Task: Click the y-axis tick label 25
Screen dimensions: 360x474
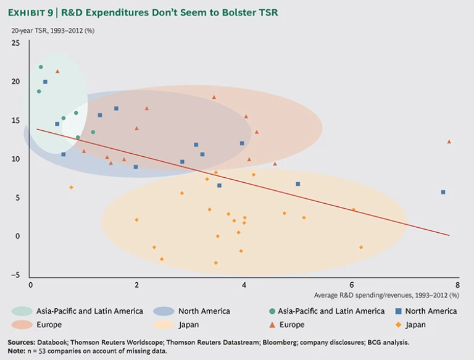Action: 15,43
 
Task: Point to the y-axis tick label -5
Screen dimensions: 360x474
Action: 15,275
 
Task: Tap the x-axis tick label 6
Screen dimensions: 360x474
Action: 351,285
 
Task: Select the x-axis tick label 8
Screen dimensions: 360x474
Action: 457,285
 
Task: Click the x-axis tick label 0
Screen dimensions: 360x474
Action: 30,285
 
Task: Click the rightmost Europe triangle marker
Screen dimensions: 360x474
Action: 449,141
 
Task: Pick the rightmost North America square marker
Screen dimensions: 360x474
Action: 443,192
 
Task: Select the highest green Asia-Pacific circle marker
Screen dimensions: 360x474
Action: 41,67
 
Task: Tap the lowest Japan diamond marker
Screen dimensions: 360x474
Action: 215,262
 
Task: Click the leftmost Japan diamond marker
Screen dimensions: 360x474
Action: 71,187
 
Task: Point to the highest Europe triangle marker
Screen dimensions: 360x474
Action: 57,72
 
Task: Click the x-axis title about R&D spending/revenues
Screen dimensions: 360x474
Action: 386,295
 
